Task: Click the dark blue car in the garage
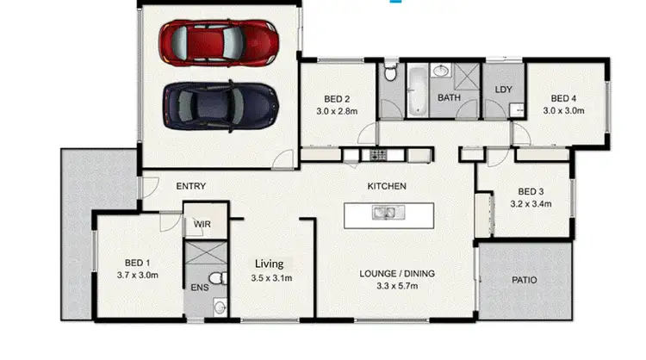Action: tap(220, 102)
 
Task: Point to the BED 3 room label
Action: tap(530, 191)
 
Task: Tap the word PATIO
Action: tap(525, 279)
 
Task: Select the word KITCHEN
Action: tap(387, 186)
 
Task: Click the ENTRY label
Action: tap(190, 186)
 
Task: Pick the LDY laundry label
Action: tap(504, 90)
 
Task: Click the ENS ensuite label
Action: tap(199, 288)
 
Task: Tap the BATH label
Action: tap(449, 98)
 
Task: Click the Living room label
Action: tap(274, 264)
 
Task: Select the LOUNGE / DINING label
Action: tap(397, 274)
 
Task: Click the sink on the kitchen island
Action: tap(383, 213)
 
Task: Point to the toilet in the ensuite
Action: tap(219, 277)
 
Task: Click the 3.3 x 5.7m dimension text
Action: tap(397, 288)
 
